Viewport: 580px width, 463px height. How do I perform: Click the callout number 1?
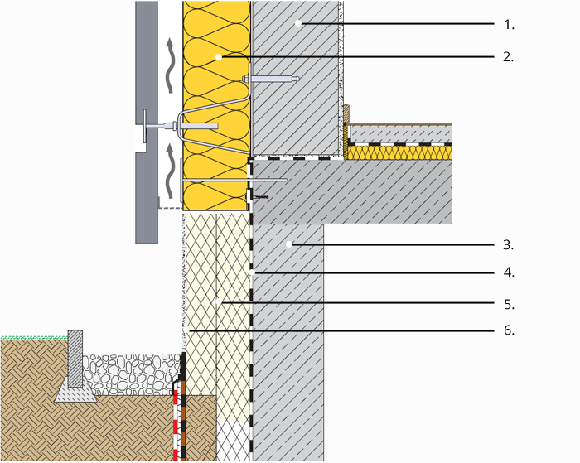pos(509,25)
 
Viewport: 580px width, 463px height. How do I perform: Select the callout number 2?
pos(509,57)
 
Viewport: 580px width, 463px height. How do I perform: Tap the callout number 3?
pos(509,245)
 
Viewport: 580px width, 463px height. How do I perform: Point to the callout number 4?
pos(509,272)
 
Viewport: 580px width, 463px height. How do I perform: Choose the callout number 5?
pos(509,305)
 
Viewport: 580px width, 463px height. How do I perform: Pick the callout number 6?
pos(509,331)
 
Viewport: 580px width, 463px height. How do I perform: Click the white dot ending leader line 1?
pos(302,24)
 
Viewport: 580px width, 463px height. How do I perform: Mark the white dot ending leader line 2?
pos(218,57)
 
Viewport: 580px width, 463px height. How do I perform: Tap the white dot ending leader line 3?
pos(289,244)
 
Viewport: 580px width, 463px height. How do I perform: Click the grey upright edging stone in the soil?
pos(75,357)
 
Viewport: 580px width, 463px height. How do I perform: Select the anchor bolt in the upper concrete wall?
pos(273,80)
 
